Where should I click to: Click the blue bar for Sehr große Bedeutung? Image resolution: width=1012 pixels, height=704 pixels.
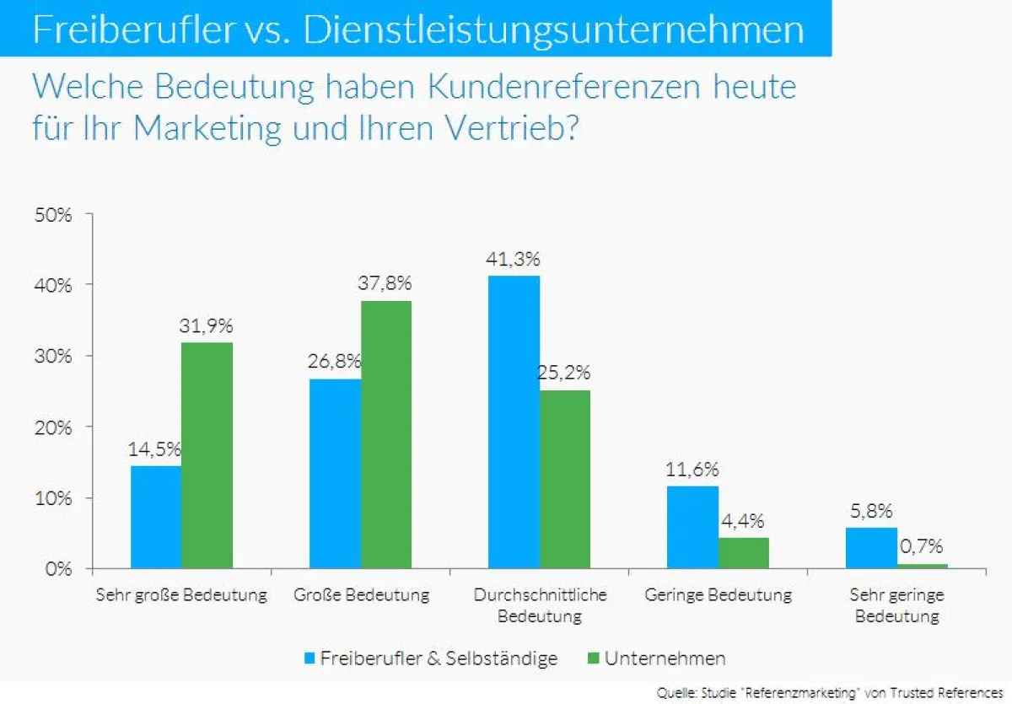155,517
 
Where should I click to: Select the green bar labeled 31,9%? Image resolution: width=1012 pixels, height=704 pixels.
207,455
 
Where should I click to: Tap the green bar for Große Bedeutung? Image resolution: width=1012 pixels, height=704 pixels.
385,434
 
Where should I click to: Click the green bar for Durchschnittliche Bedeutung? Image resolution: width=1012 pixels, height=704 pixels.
564,479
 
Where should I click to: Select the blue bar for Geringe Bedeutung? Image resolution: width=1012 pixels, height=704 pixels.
692,527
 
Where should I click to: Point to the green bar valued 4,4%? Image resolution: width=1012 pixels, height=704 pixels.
743,553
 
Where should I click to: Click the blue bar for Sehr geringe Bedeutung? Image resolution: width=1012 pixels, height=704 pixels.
871,548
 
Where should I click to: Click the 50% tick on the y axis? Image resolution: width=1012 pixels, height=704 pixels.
53,214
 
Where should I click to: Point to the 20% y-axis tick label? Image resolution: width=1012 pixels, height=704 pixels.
53,427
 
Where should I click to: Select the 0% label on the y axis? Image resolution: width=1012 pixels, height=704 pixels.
57,569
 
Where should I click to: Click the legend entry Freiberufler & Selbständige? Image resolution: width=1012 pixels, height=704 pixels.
429,658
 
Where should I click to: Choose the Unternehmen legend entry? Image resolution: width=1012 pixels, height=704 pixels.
654,658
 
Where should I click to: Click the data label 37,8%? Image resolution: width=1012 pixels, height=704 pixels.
385,284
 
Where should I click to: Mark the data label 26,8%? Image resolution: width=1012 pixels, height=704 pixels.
334,362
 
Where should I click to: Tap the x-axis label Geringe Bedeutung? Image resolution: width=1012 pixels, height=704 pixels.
718,595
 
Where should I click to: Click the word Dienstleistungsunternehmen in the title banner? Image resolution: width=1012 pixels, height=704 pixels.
553,30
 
